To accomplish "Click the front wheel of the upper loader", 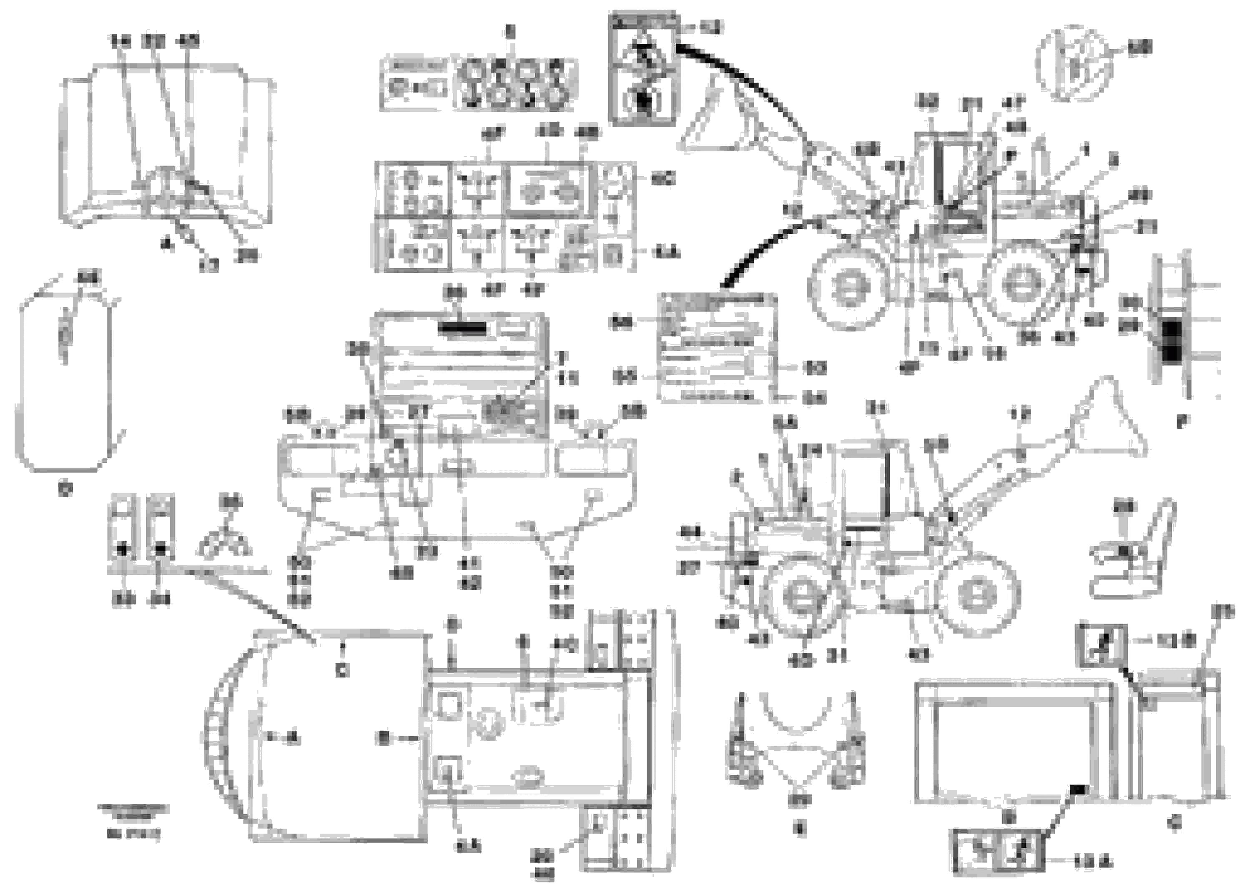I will pos(848,287).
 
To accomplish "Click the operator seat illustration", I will pos(1132,554).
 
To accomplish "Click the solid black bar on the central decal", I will pos(462,329).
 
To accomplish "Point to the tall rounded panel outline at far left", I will pos(66,381).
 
